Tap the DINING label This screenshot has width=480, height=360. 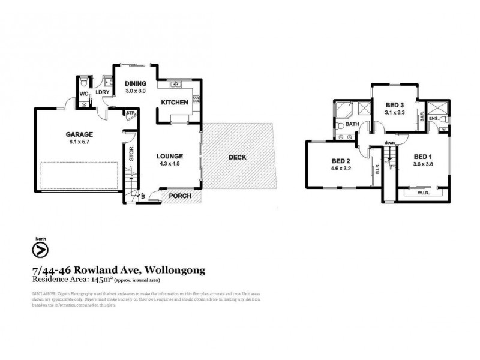[x=136, y=83]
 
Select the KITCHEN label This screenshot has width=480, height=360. [x=175, y=103]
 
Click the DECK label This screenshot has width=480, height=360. [x=238, y=157]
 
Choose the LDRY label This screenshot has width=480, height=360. [x=110, y=93]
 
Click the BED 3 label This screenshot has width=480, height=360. [x=394, y=105]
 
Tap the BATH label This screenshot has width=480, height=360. [x=353, y=125]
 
